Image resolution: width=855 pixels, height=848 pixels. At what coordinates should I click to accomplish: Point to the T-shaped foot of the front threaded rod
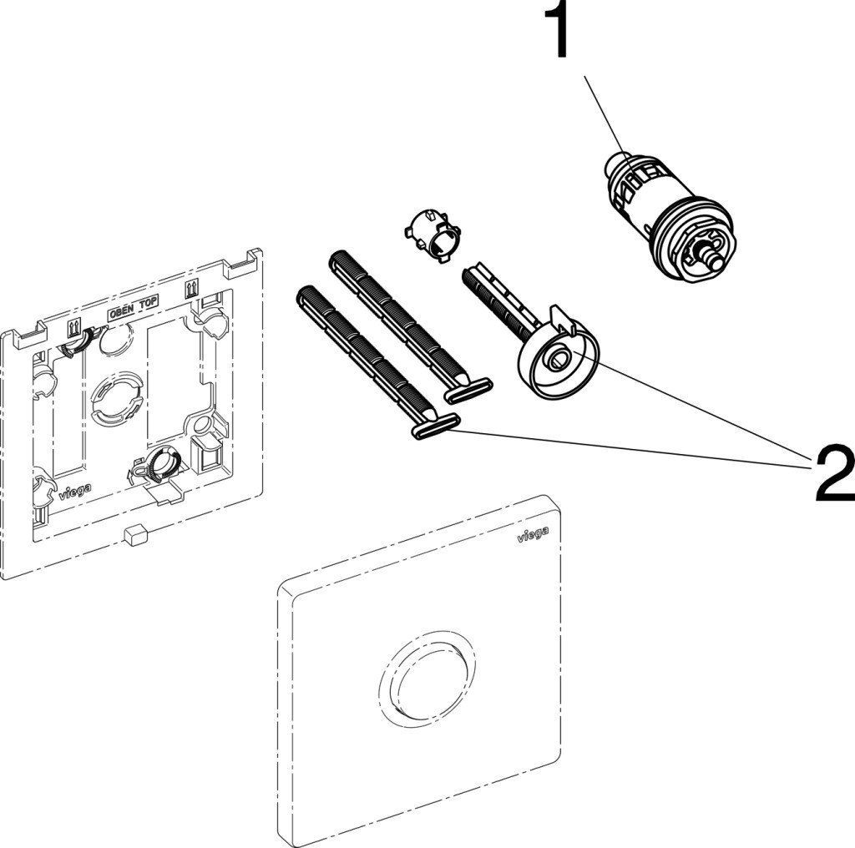click(435, 426)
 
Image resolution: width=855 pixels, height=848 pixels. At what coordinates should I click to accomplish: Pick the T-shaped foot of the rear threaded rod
click(468, 388)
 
